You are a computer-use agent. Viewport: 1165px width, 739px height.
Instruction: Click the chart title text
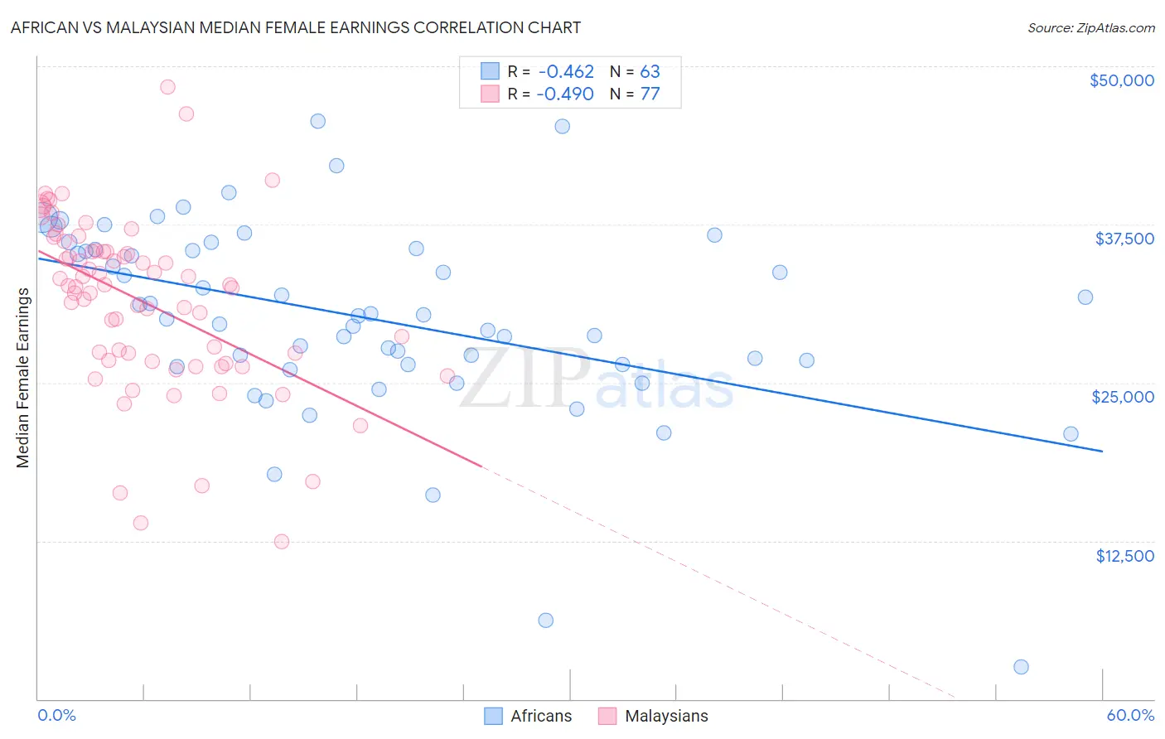pos(296,27)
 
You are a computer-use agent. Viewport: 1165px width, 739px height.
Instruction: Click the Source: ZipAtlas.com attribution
pos(1090,27)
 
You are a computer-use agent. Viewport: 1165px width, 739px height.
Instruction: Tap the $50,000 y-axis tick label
pos(1121,80)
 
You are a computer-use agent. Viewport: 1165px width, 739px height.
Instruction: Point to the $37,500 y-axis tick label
pos(1124,239)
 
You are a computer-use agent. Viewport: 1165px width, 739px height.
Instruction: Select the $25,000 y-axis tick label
pos(1123,397)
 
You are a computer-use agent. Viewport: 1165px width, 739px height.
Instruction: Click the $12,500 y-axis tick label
pos(1124,556)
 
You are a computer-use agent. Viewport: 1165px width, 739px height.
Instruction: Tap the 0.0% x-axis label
pos(56,715)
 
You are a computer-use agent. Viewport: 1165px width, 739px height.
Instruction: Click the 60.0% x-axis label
pos(1130,715)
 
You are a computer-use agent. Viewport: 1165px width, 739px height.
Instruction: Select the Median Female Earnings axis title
pos(23,378)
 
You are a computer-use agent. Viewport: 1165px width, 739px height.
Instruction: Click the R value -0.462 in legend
pos(565,72)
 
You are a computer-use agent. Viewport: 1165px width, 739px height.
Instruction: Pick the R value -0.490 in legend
pos(565,94)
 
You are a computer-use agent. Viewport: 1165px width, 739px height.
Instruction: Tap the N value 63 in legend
pos(650,72)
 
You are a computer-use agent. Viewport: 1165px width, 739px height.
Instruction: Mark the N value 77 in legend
pos(650,94)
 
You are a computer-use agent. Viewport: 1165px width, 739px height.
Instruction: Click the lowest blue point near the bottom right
pos(1021,667)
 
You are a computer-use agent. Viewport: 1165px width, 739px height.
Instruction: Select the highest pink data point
pos(167,87)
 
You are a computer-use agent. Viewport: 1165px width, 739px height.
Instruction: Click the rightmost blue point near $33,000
pos(1085,297)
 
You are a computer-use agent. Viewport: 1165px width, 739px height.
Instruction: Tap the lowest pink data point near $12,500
pos(282,542)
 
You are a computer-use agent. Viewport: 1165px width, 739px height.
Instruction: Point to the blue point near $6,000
pos(545,621)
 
